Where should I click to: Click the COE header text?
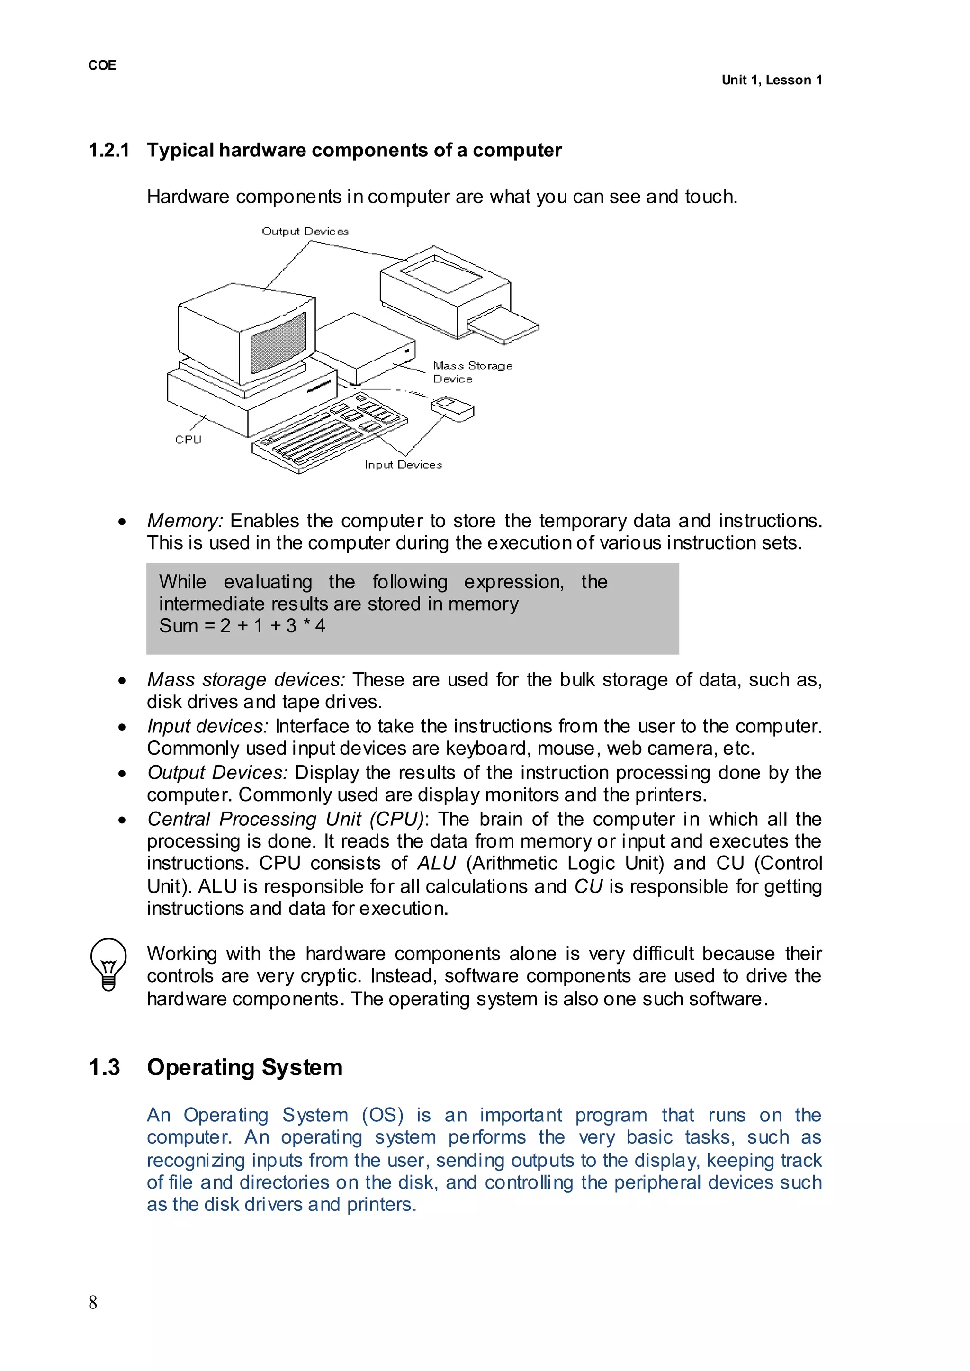[x=102, y=65]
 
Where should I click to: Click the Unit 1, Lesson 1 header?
[x=771, y=80]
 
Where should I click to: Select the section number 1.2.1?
[x=109, y=150]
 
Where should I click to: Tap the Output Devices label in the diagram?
[x=305, y=231]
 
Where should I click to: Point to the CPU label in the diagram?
[x=188, y=439]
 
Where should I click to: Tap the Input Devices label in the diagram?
[x=403, y=464]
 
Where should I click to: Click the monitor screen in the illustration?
[x=278, y=343]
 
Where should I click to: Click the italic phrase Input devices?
[x=207, y=726]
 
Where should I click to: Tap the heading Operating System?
[x=244, y=1067]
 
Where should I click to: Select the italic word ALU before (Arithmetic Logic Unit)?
[x=437, y=863]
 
